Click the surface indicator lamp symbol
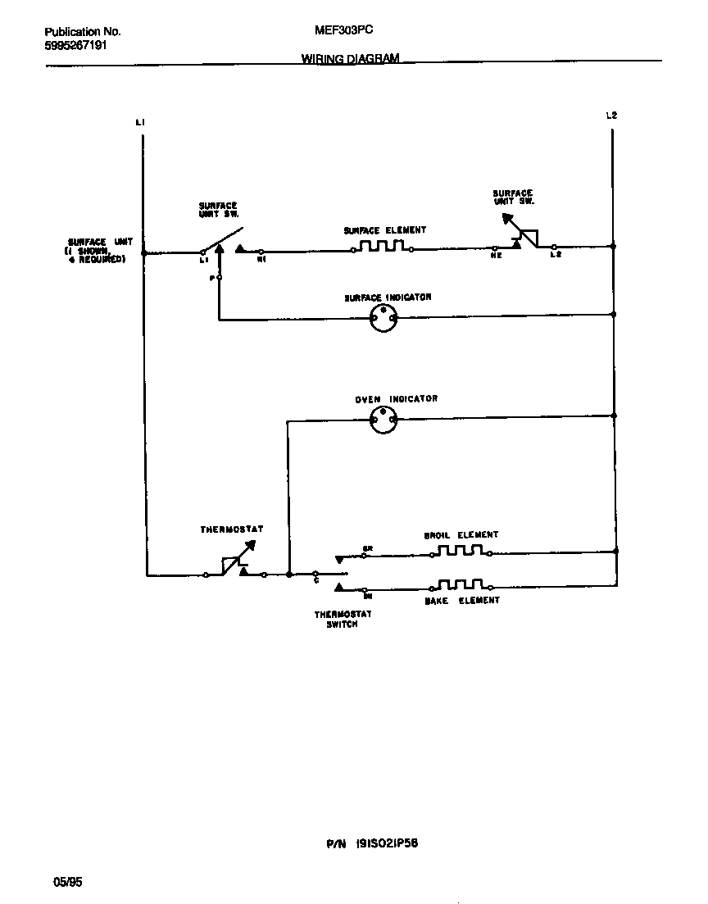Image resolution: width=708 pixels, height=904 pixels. (383, 318)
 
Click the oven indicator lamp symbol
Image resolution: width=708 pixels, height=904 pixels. (383, 420)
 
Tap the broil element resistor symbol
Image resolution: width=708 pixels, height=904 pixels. (461, 551)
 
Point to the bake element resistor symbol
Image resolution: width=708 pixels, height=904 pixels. (461, 585)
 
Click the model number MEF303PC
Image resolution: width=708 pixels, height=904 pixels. (344, 30)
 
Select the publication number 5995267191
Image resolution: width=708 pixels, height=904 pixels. (75, 46)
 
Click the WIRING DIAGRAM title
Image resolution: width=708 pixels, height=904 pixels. (351, 59)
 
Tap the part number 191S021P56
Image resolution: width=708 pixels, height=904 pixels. (382, 843)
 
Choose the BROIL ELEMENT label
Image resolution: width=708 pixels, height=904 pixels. (461, 535)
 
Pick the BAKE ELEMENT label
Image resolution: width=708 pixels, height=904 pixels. (461, 601)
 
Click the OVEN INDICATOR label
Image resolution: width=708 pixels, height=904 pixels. (396, 399)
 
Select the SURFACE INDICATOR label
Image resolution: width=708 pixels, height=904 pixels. (388, 298)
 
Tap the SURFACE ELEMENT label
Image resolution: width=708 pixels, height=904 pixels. (385, 231)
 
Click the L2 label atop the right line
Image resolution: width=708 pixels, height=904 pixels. (610, 116)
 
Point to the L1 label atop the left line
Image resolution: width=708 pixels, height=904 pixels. (140, 122)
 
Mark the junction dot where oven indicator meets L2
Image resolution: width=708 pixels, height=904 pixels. (614, 416)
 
